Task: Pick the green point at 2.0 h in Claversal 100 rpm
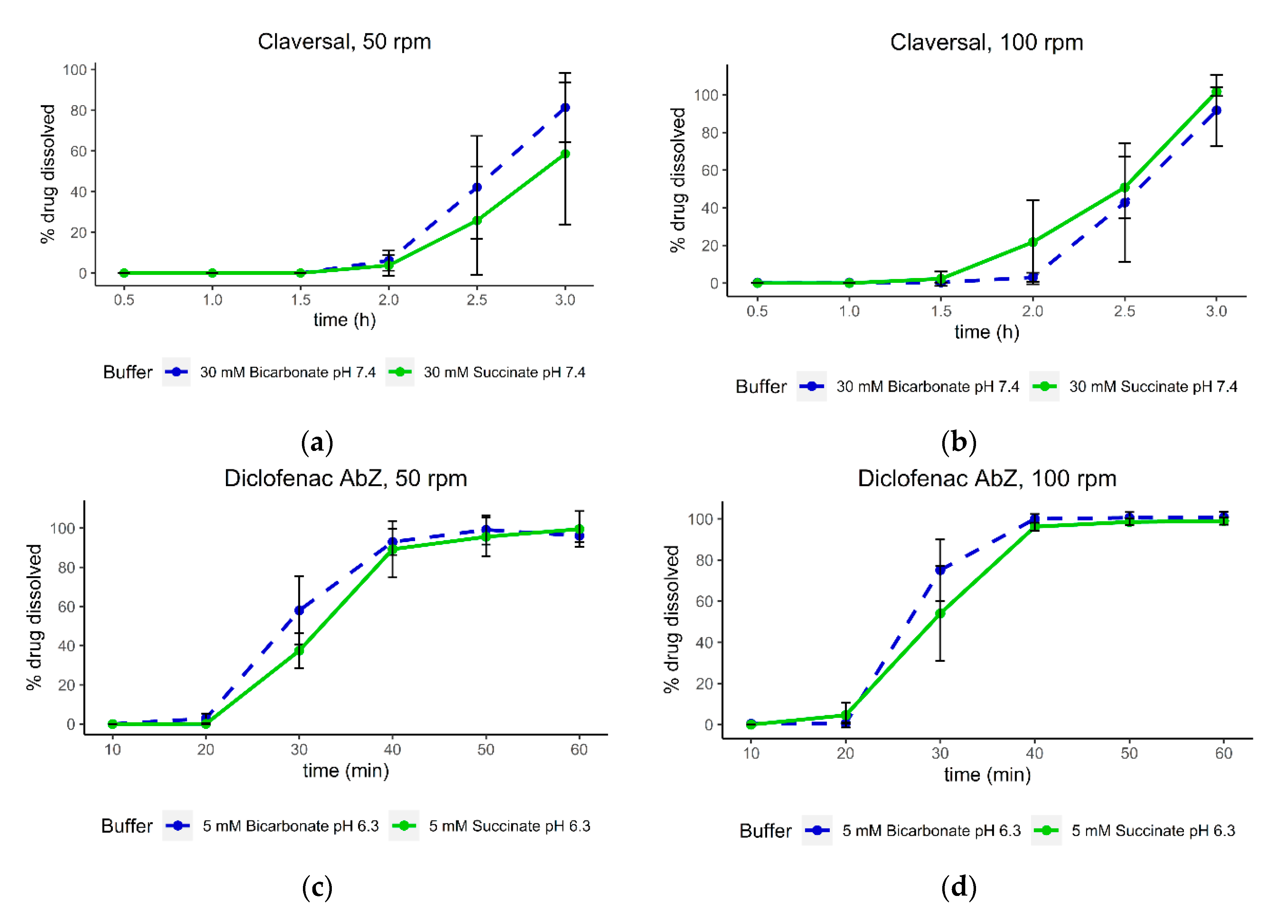pyautogui.click(x=1032, y=242)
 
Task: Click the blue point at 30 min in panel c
pyautogui.click(x=299, y=610)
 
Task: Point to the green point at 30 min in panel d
pyautogui.click(x=940, y=614)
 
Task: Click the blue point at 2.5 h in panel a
pyautogui.click(x=477, y=187)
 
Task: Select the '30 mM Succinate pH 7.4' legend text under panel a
pyautogui.click(x=504, y=373)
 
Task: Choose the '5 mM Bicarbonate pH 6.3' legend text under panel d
pyautogui.click(x=931, y=831)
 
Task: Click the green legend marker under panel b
pyautogui.click(x=1044, y=386)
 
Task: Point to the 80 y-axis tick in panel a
pyautogui.click(x=78, y=110)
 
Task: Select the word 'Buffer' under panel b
pyautogui.click(x=761, y=387)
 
